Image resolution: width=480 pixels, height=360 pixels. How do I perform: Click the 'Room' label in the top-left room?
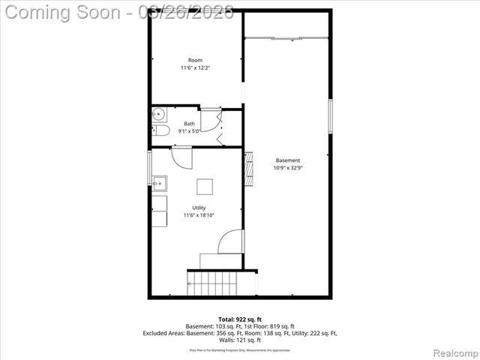pos(195,60)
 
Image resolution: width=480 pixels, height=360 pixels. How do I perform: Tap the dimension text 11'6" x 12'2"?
pos(195,68)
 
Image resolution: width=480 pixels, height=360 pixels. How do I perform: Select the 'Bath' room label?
pos(189,124)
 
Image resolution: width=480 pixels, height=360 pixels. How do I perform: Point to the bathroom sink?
pos(158,115)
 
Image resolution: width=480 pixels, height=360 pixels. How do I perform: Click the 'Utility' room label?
pos(199,208)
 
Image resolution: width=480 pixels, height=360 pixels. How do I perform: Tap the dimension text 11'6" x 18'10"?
pos(199,216)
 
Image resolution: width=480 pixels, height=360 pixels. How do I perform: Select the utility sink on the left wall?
pos(159,182)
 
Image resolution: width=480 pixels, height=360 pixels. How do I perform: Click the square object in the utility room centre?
pos(205,187)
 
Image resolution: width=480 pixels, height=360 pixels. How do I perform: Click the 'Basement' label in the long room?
pos(287,160)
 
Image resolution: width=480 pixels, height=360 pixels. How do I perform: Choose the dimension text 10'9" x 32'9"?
pos(287,168)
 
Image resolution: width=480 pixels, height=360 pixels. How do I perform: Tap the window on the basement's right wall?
pos(330,116)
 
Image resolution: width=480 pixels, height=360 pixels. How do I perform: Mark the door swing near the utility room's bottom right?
pos(230,241)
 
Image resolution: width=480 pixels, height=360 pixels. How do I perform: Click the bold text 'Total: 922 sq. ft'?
pos(240,319)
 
